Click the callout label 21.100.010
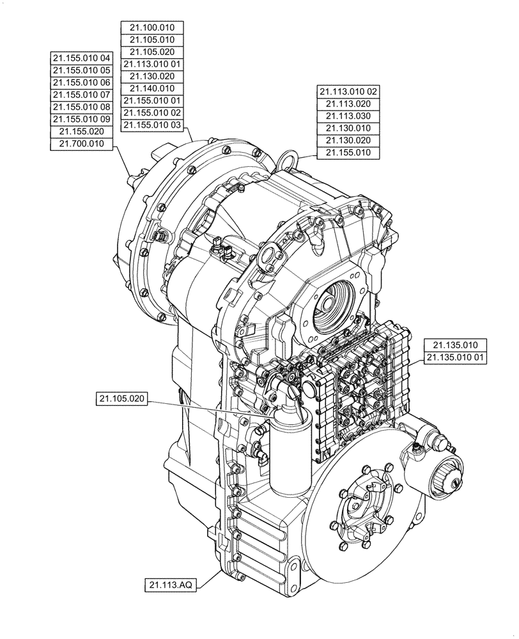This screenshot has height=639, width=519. (x=152, y=27)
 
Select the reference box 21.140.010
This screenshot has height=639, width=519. (x=152, y=88)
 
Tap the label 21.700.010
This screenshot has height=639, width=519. (x=81, y=144)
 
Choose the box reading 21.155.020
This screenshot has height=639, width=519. (x=81, y=132)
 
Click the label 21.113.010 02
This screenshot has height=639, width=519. (x=348, y=91)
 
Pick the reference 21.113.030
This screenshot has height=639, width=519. (x=348, y=116)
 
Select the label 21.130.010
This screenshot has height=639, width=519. (x=348, y=128)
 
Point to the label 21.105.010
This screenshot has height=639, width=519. (x=152, y=40)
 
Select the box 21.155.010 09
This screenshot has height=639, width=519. (x=81, y=119)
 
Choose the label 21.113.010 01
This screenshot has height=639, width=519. (x=152, y=64)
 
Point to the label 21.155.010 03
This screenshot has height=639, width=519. (x=152, y=125)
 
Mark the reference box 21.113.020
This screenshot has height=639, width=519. (x=348, y=104)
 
